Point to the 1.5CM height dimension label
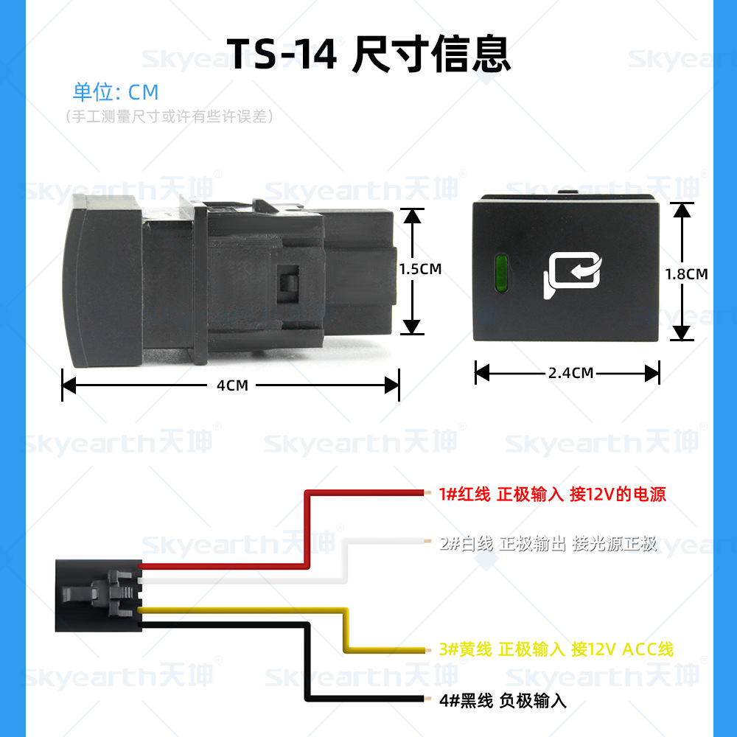[420, 269]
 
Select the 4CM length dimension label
[232, 385]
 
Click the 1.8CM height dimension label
[686, 274]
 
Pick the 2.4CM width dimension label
[571, 373]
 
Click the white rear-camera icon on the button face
[573, 276]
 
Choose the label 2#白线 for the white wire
[466, 545]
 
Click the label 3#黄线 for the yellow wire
[465, 649]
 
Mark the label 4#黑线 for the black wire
[466, 701]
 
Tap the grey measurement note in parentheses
[169, 116]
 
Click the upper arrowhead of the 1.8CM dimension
[682, 209]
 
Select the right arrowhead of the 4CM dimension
[392, 385]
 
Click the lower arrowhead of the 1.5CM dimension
[413, 326]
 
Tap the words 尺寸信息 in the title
[431, 55]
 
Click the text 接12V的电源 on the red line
[618, 495]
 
